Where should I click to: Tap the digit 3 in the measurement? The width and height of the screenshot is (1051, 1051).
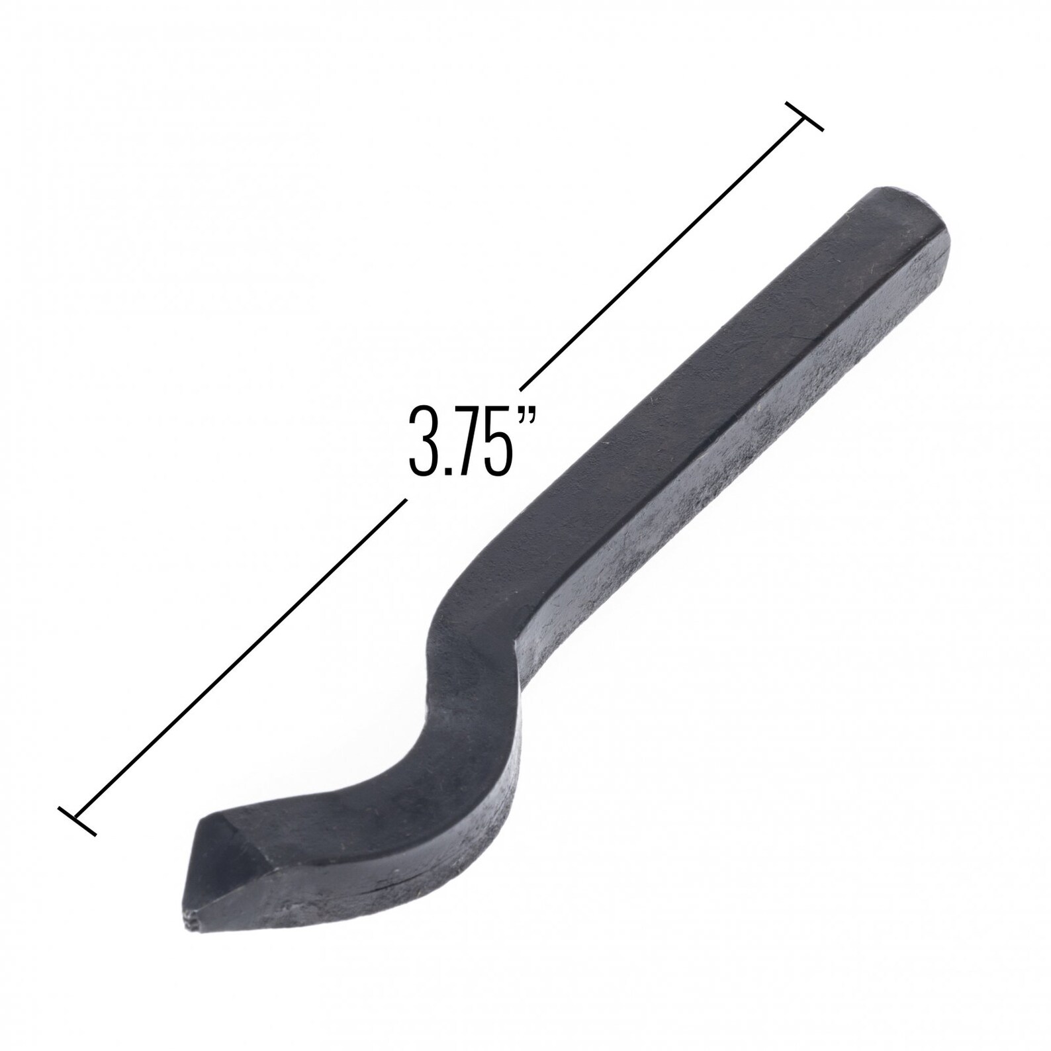pos(422,441)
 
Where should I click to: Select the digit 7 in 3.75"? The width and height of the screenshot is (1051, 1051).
pos(468,441)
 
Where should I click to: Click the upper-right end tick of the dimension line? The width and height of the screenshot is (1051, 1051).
pos(803,116)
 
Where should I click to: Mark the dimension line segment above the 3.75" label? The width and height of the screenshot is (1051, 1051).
pos(662,253)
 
